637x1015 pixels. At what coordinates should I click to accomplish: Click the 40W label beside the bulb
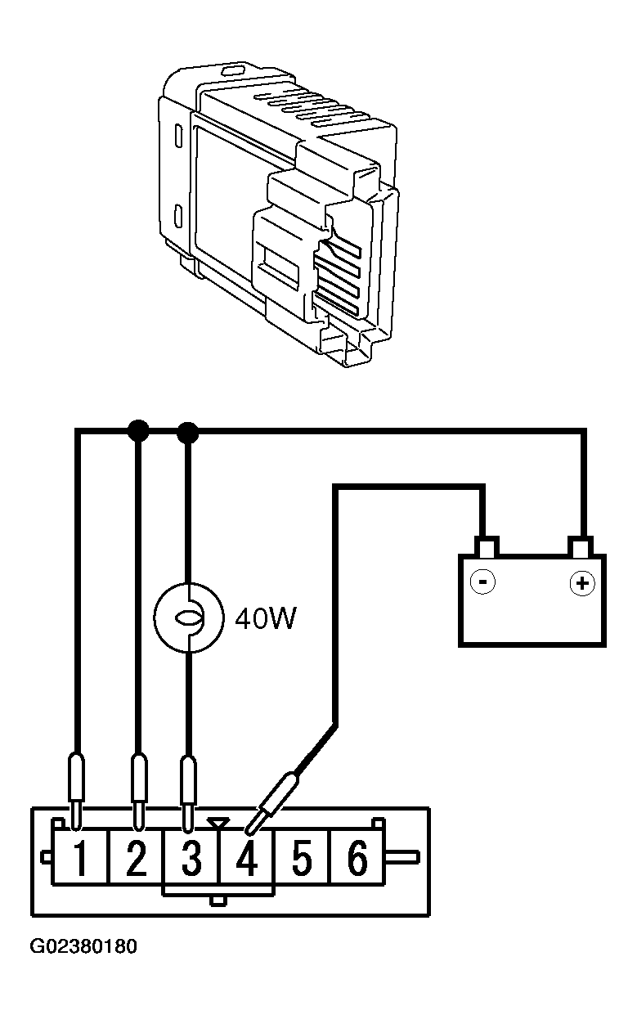[266, 618]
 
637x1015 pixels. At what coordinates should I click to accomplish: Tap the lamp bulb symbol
[189, 618]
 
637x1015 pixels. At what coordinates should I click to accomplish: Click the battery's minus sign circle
[483, 582]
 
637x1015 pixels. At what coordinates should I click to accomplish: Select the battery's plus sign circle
[582, 582]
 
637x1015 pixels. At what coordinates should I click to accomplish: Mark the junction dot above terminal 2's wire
[138, 430]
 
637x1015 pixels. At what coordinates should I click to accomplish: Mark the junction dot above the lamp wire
[187, 432]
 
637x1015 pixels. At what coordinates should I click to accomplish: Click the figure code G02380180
[83, 946]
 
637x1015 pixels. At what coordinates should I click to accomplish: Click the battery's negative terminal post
[487, 546]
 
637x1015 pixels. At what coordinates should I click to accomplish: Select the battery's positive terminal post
[581, 546]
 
